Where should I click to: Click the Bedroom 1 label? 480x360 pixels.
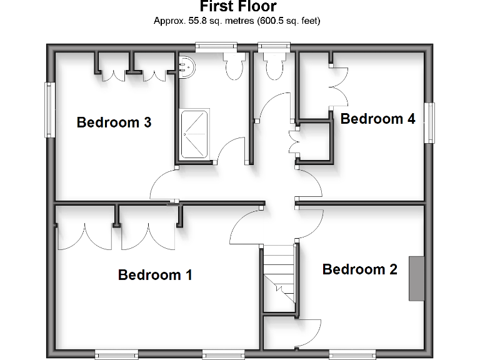(x=155, y=274)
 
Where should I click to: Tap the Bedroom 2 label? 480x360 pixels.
(x=359, y=269)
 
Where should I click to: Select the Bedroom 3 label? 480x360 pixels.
(x=114, y=122)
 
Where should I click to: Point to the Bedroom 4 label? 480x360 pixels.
(x=377, y=119)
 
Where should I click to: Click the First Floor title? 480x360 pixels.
(x=237, y=7)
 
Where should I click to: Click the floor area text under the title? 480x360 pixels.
(x=237, y=21)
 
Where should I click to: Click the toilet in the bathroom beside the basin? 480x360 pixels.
(x=234, y=65)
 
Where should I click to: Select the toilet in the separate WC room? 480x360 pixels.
(x=274, y=65)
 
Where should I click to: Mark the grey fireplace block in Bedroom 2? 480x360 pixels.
(x=416, y=277)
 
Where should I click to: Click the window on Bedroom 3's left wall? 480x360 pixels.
(x=49, y=110)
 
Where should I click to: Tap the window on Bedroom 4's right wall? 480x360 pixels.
(x=429, y=122)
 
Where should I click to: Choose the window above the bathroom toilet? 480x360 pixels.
(x=216, y=46)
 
